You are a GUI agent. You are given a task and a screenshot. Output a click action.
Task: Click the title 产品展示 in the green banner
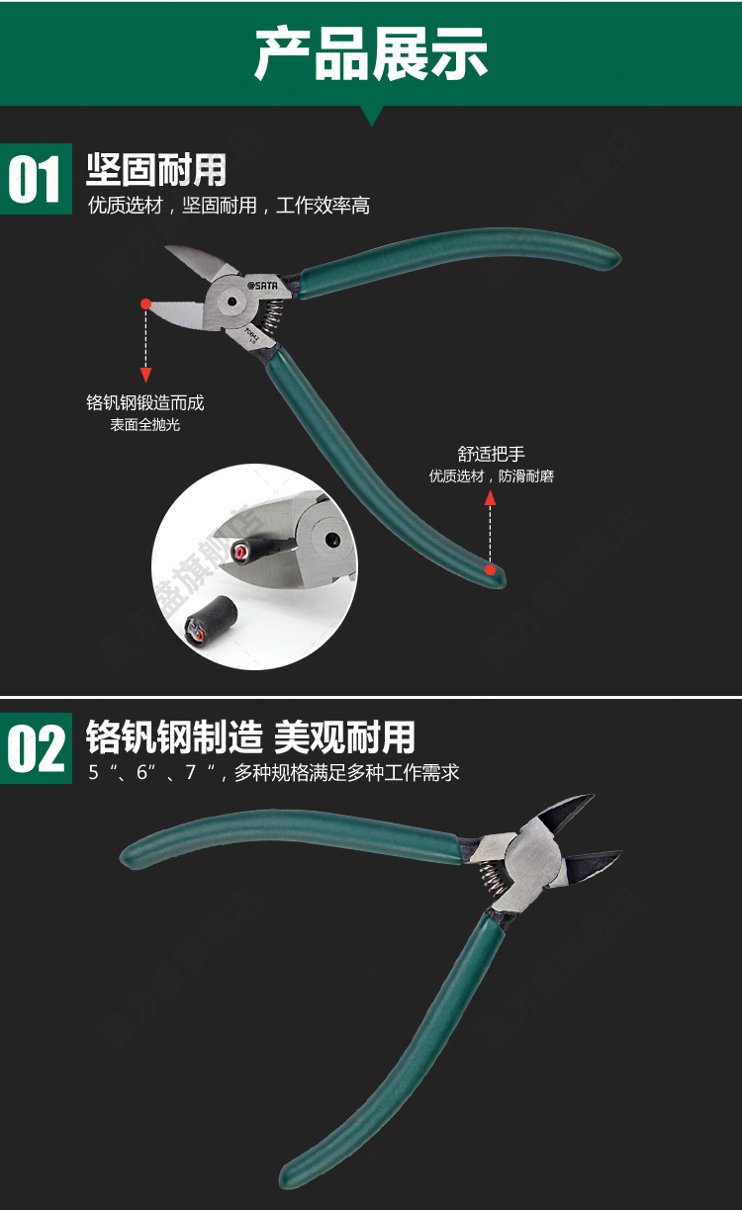371,54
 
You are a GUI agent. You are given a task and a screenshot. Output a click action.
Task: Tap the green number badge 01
36,180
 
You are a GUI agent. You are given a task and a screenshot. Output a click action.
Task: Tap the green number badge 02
36,748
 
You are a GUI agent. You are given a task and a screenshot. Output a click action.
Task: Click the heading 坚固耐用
155,170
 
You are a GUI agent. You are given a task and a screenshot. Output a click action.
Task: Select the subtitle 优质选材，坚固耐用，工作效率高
229,206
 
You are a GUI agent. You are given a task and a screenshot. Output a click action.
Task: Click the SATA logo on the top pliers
262,285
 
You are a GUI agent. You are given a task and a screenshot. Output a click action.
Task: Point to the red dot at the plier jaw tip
145,302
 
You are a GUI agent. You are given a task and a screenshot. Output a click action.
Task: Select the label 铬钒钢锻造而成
145,402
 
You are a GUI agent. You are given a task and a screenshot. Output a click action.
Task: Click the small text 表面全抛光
145,425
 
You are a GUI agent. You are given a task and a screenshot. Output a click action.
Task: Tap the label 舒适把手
491,454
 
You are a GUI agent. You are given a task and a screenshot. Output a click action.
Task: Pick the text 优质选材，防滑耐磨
491,476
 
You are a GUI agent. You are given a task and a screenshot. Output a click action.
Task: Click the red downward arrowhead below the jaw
145,375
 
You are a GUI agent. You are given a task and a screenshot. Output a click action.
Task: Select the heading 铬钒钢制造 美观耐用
250,737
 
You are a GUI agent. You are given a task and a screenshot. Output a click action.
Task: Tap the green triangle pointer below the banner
371,115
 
